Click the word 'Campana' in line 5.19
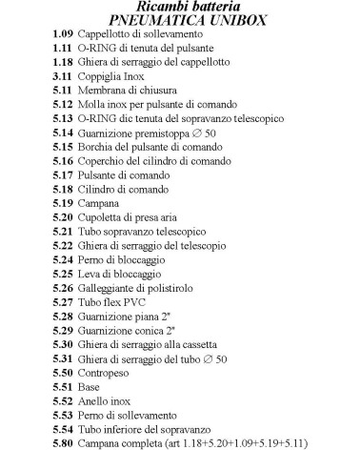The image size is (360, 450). (x=99, y=203)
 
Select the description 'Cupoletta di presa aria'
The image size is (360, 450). (x=130, y=217)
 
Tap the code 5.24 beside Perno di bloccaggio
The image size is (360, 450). (x=62, y=259)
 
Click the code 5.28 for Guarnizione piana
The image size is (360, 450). (x=62, y=316)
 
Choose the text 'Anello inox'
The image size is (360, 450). (x=104, y=401)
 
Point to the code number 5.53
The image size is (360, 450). (x=62, y=416)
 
